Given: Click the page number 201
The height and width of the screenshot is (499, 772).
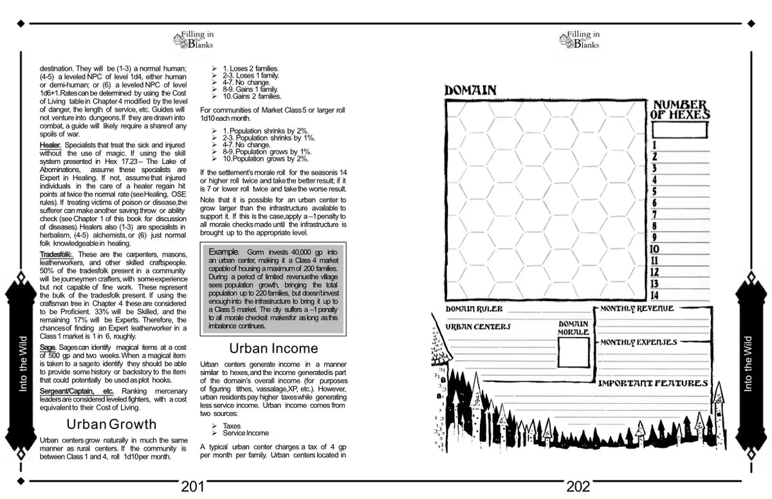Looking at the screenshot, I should pos(193,487).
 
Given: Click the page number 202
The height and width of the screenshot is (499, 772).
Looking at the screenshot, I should pos(578,487).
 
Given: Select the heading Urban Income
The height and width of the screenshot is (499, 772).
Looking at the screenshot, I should pos(273,349).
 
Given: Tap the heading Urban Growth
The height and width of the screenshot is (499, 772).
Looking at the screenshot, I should pos(111,424).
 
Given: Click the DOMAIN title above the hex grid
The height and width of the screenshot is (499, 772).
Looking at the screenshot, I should pos(470,91).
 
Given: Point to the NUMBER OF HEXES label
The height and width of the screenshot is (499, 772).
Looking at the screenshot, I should pos(681,110).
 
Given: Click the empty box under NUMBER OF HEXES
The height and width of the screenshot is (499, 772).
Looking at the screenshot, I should pos(679,130).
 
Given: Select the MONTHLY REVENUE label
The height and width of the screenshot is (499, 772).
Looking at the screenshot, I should pos(637,309).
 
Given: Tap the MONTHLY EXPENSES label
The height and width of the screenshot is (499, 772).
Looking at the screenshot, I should pos(638,343).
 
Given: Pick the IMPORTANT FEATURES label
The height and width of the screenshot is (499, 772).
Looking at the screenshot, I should pos(653,384).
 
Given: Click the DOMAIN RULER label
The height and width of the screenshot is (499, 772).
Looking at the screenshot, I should pos(474,309).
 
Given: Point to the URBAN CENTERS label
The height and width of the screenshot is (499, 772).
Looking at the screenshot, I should pos(478,327).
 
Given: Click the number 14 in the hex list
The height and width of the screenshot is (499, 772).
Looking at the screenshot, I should pos(655,295).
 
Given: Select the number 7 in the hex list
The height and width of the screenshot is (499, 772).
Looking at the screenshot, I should pos(654,214).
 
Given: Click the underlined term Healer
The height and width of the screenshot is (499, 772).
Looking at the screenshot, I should pos(50,145).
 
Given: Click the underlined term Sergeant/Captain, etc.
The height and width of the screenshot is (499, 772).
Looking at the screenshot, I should pos(76,392).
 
